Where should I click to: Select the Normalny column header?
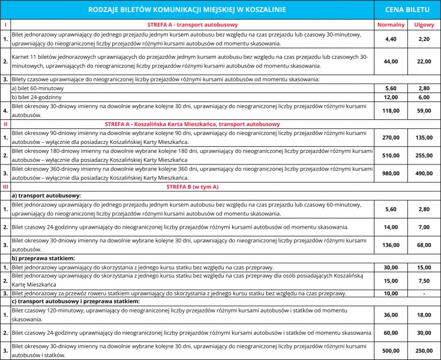tap(391, 25)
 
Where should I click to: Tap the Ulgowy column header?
tap(424, 25)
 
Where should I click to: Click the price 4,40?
tap(391, 39)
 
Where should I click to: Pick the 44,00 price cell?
tap(391, 61)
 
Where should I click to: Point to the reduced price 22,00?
tap(424, 61)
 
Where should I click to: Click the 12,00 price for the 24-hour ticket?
tap(391, 97)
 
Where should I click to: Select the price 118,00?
tap(391, 110)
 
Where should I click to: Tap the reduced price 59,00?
tap(424, 110)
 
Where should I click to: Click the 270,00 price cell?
tap(391, 137)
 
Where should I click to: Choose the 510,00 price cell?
tap(391, 155)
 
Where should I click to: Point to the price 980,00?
tap(391, 173)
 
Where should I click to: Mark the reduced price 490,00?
tap(424, 173)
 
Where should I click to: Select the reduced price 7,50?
tap(424, 280)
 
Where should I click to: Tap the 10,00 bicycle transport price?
tap(391, 293)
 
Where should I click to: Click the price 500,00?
tap(391, 350)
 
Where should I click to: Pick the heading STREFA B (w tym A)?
tap(192, 187)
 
